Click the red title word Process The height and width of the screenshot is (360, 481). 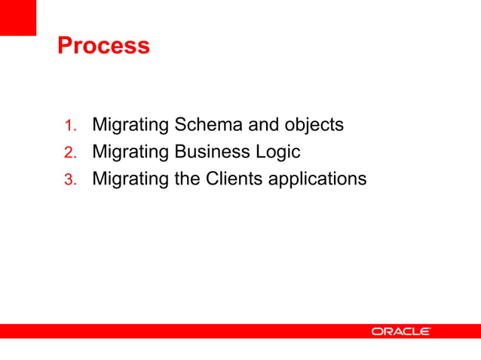click(103, 46)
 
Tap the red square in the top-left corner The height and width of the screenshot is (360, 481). click(17, 17)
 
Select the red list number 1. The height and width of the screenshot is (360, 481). click(69, 125)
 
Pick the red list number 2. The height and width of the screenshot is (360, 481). click(69, 153)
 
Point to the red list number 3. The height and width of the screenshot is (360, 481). click(69, 180)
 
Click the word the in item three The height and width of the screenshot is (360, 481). click(188, 179)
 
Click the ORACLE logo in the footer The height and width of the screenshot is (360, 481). click(400, 331)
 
